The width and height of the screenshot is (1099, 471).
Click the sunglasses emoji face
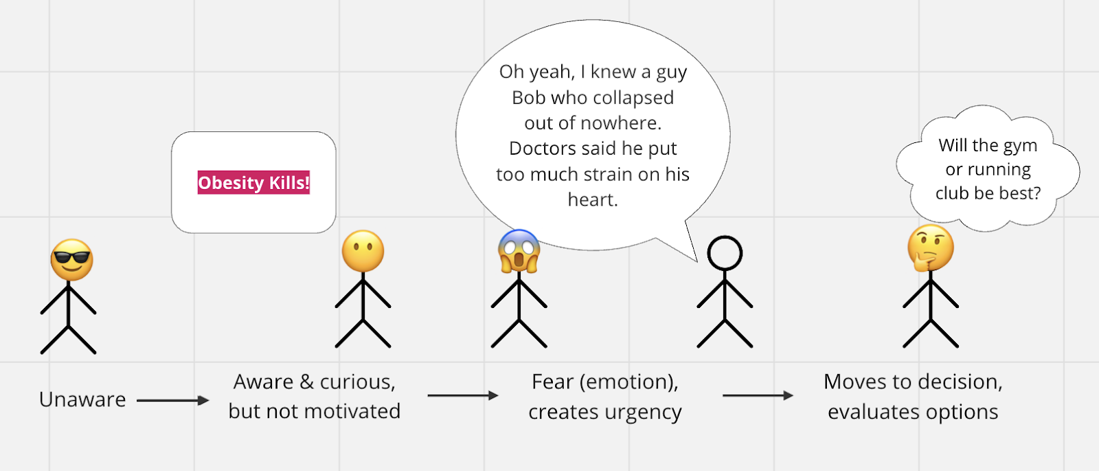click(71, 260)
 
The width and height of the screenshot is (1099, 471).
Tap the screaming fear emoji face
click(519, 251)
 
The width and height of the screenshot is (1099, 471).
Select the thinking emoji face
click(931, 248)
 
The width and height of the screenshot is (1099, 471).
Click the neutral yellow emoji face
click(363, 251)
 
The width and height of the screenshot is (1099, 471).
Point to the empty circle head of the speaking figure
click(725, 253)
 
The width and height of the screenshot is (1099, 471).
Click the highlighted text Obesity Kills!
click(253, 183)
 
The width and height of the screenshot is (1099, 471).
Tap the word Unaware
click(82, 399)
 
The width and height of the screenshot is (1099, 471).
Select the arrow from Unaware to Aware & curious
click(172, 400)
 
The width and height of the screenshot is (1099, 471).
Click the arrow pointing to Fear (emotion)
click(462, 395)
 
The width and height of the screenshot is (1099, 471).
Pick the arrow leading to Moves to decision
click(758, 395)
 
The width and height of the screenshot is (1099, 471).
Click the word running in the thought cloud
click(999, 170)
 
